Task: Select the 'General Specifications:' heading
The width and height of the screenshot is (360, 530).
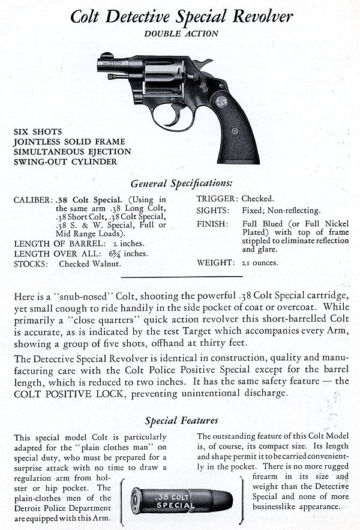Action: coord(181,182)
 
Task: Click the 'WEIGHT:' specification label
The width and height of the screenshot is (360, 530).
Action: coord(214,263)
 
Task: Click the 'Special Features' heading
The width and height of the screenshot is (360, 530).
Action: coord(181,420)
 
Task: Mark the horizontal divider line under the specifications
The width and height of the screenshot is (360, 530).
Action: coord(182,276)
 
